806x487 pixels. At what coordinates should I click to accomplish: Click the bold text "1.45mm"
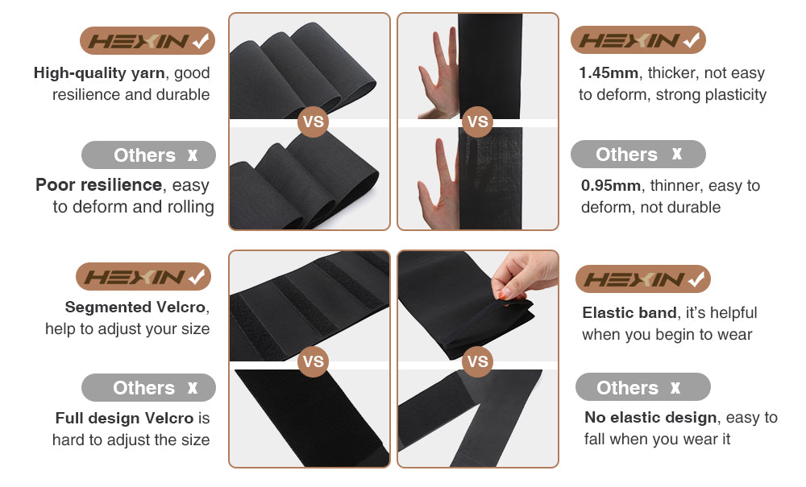tap(609, 73)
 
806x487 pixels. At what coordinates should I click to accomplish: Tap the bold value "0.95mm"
tap(611, 185)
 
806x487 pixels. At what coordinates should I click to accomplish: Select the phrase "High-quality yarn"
tap(99, 73)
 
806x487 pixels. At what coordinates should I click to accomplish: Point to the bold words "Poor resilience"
tap(98, 185)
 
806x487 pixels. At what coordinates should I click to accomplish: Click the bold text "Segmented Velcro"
tap(135, 307)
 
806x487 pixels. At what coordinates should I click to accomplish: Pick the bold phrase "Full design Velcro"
tap(124, 419)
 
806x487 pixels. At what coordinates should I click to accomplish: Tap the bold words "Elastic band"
tap(629, 312)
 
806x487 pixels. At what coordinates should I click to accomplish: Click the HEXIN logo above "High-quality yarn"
tap(147, 40)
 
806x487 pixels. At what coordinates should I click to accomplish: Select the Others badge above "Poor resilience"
tap(148, 155)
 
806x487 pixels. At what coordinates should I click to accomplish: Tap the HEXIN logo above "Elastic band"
tap(643, 279)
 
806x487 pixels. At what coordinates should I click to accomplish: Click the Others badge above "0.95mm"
tap(638, 154)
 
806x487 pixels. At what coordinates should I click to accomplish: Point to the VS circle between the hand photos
tap(477, 122)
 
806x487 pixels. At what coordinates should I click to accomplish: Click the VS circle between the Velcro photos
tap(313, 361)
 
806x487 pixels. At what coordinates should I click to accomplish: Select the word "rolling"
tap(190, 207)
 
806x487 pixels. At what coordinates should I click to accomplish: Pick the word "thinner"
tap(671, 185)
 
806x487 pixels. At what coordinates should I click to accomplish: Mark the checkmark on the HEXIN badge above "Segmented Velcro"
tap(197, 277)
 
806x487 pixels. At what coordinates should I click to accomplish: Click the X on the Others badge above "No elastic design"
tap(675, 387)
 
